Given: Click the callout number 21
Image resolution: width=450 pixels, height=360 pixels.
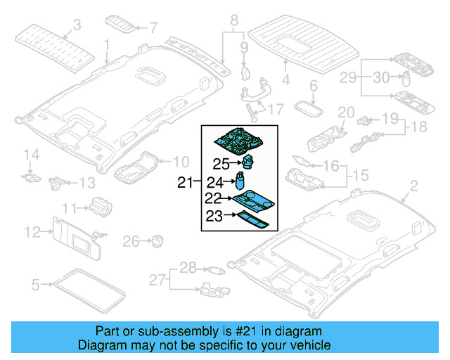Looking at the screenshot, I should pyautogui.click(x=184, y=183).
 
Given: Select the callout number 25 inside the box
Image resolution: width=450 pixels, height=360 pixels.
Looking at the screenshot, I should pyautogui.click(x=221, y=165).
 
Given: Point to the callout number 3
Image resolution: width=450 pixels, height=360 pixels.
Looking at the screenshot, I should pyautogui.click(x=77, y=25).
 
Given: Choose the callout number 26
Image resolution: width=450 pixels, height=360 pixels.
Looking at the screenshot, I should pyautogui.click(x=131, y=242).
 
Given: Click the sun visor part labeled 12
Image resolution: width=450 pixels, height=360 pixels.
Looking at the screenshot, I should pyautogui.click(x=76, y=236).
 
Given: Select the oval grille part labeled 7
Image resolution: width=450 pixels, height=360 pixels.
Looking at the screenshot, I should pyautogui.click(x=127, y=27).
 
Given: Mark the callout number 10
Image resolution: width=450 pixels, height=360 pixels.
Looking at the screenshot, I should pyautogui.click(x=181, y=161).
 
